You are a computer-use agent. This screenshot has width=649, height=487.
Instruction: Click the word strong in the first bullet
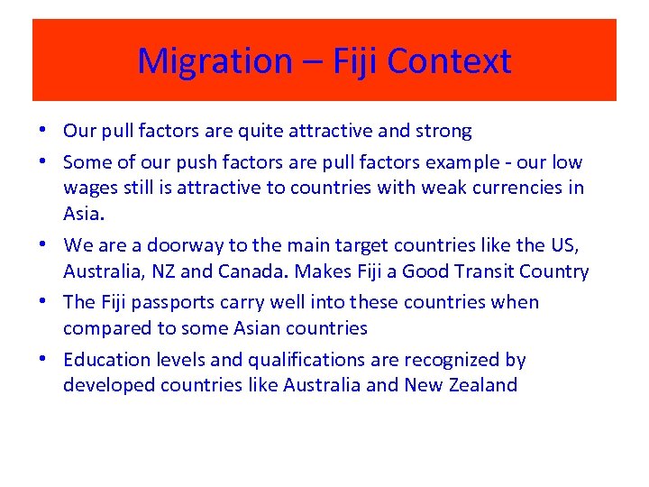pos(443,132)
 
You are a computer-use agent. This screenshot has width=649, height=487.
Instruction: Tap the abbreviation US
pos(565,244)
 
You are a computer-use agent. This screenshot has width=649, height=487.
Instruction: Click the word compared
pos(107,328)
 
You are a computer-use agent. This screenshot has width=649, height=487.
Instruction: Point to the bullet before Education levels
pos(45,359)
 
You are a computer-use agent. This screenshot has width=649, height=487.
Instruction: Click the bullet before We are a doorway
pos(45,243)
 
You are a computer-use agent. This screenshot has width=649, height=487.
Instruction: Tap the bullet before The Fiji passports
pos(45,301)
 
